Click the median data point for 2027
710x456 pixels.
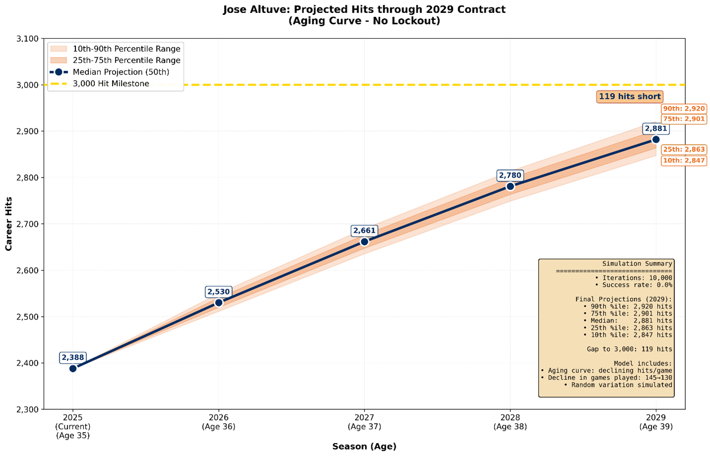(364, 242)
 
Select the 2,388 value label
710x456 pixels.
(73, 357)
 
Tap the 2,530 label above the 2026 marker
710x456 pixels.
(218, 292)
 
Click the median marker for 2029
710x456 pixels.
(655, 139)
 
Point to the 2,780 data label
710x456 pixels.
(510, 175)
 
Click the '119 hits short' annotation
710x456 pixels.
(630, 97)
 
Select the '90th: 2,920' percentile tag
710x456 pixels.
(684, 109)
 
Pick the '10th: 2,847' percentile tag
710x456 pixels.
(684, 160)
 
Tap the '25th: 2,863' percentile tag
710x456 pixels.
(684, 149)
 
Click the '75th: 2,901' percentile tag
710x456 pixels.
(684, 119)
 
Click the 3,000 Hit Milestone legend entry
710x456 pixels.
(111, 83)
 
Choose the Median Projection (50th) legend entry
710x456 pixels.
(121, 72)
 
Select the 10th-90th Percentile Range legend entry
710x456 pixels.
(126, 49)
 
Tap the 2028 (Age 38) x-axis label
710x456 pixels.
(510, 422)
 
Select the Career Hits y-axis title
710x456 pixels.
(8, 223)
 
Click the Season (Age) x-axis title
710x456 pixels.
(364, 447)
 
